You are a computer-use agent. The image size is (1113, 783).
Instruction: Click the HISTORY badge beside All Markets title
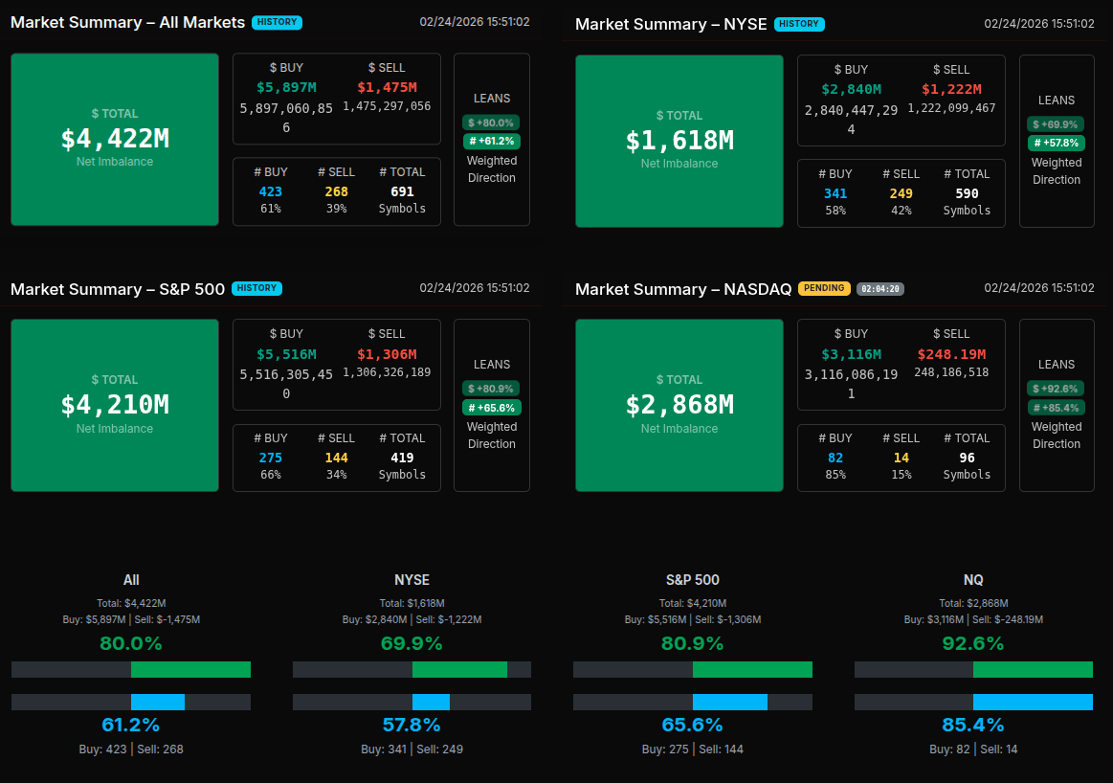click(277, 22)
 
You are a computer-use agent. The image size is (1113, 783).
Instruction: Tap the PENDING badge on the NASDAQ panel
click(824, 288)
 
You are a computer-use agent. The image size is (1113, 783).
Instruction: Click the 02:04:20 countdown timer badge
click(880, 288)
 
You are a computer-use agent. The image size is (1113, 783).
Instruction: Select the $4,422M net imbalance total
click(115, 139)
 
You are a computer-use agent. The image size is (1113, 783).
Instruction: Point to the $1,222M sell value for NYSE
click(951, 89)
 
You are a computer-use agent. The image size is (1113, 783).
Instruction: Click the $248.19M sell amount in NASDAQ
click(951, 354)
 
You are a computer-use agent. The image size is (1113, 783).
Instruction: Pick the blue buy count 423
click(271, 191)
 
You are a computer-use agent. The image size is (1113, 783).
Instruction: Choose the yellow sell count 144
click(336, 458)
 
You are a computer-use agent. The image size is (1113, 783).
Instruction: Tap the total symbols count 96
click(967, 458)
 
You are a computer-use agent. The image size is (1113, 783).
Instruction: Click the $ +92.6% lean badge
click(1056, 389)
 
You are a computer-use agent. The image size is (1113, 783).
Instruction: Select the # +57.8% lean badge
click(1056, 143)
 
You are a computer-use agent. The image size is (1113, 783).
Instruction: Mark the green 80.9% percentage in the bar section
click(692, 643)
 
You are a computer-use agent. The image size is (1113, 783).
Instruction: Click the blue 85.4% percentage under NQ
click(973, 725)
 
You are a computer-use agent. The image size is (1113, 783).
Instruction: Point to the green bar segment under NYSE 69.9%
click(459, 669)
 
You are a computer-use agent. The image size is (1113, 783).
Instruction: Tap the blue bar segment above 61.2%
click(158, 702)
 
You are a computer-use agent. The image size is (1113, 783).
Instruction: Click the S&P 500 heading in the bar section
click(692, 580)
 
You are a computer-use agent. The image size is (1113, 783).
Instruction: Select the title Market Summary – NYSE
click(671, 24)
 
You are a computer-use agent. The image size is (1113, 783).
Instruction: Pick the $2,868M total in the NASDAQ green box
click(679, 405)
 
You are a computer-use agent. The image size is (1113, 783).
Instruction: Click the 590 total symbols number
click(967, 193)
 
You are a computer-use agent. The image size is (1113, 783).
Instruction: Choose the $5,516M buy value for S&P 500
click(286, 354)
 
